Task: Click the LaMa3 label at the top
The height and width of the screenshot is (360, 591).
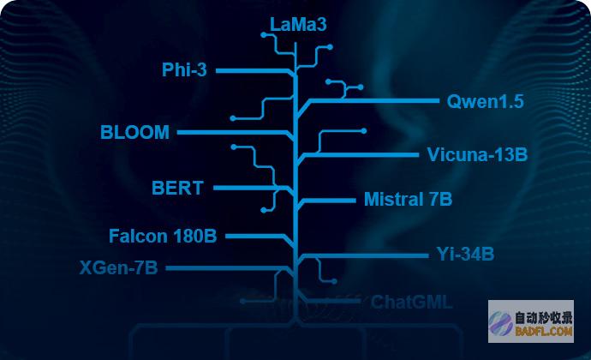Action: [298, 25]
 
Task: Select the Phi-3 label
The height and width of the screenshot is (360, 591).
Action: [184, 69]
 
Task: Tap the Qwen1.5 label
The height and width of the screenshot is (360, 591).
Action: [485, 101]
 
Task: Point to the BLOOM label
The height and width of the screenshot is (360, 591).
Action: [134, 133]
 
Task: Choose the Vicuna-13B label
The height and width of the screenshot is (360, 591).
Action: [477, 155]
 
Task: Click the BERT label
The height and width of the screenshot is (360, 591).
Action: [177, 188]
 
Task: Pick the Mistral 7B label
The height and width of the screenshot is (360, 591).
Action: [408, 199]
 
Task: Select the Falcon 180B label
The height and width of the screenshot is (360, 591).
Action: [163, 237]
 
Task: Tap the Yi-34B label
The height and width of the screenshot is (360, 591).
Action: [465, 254]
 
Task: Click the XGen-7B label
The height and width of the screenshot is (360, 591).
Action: [118, 268]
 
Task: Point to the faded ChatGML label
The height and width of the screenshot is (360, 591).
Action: [411, 303]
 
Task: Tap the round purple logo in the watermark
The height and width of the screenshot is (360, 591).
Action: [500, 324]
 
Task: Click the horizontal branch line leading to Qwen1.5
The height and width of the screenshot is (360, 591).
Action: [374, 101]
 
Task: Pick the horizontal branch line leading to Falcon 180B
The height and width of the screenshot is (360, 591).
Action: [254, 237]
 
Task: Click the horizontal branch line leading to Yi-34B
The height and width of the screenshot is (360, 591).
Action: [366, 255]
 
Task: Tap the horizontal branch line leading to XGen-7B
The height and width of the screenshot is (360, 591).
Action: [227, 268]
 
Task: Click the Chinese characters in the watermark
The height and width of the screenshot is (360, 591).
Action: [544, 319]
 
